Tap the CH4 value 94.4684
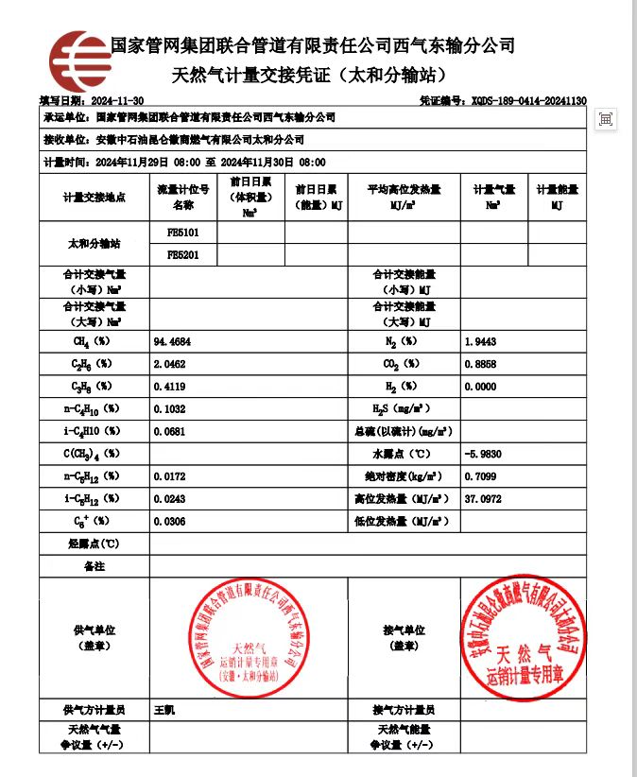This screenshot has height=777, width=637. (x=171, y=341)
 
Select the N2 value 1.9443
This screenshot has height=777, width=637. (x=480, y=341)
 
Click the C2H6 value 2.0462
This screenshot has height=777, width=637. (x=169, y=363)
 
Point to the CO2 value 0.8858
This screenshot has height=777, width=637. (x=480, y=363)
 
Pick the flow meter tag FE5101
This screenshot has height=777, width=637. (x=178, y=232)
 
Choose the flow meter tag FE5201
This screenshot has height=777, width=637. (x=178, y=254)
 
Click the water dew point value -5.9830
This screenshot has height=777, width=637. (x=483, y=453)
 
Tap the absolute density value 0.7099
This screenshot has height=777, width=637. (x=480, y=475)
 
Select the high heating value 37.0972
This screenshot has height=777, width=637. (x=483, y=498)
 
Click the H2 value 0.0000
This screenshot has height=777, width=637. (x=480, y=386)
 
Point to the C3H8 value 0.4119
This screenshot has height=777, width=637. (x=169, y=386)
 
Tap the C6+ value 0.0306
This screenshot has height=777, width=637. (x=169, y=521)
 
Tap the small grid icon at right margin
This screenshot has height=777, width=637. (x=606, y=119)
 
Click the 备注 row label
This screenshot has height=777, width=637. (x=95, y=566)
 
